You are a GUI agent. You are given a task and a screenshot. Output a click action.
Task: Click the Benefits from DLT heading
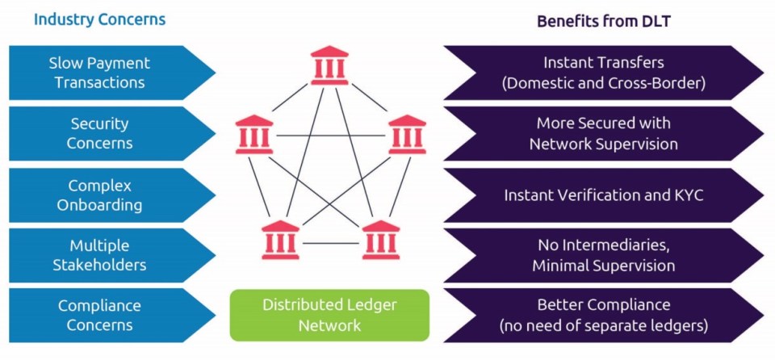point(604,21)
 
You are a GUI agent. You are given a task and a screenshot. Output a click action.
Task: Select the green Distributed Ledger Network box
point(329,315)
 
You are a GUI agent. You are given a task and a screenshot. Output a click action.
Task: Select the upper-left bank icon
point(253,135)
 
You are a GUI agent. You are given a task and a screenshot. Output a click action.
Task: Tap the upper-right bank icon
point(407,135)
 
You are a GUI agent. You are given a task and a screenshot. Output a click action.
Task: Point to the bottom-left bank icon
point(281,239)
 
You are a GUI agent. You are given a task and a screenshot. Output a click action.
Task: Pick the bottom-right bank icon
point(380,239)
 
